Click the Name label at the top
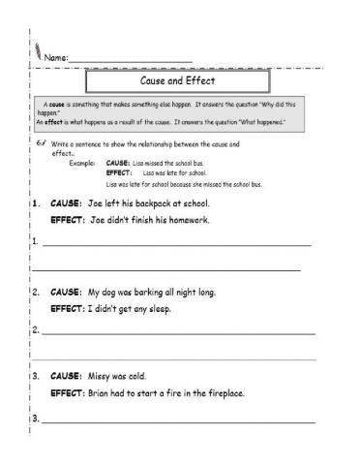click(56, 58)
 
